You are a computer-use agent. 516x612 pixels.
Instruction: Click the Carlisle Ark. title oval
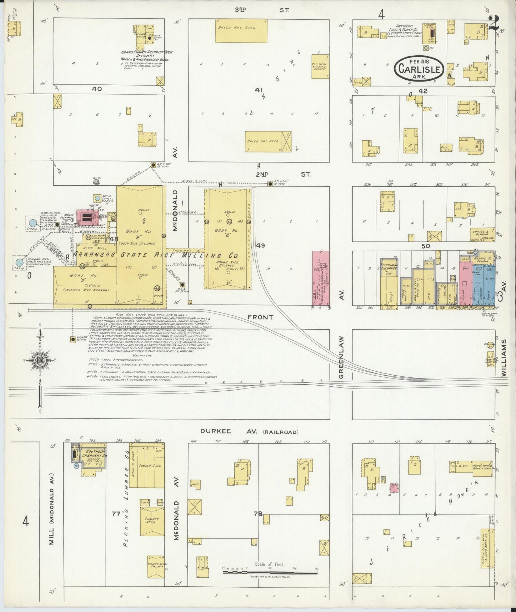pyautogui.click(x=419, y=67)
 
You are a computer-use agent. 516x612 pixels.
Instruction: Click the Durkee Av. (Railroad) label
pyautogui.click(x=249, y=432)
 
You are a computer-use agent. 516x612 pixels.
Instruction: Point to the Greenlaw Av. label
pyautogui.click(x=341, y=357)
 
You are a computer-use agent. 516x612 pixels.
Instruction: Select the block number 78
pyautogui.click(x=258, y=513)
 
